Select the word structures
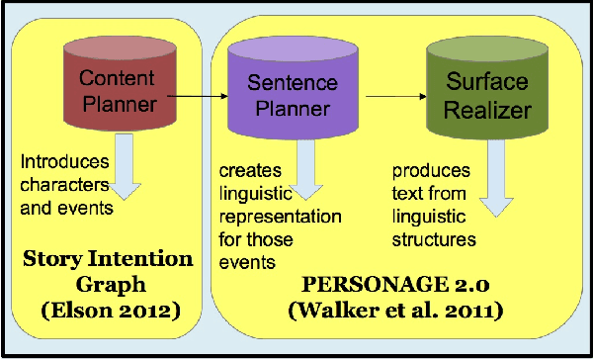click(434, 239)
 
